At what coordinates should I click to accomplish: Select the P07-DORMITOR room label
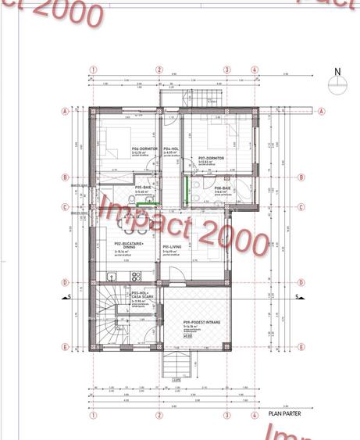tap(211, 158)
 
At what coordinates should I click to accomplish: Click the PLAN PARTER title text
tap(283, 415)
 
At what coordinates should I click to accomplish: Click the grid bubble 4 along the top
tap(255, 70)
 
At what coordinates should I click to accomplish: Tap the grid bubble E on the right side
tap(321, 346)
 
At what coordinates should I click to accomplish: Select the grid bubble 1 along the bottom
tap(92, 416)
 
